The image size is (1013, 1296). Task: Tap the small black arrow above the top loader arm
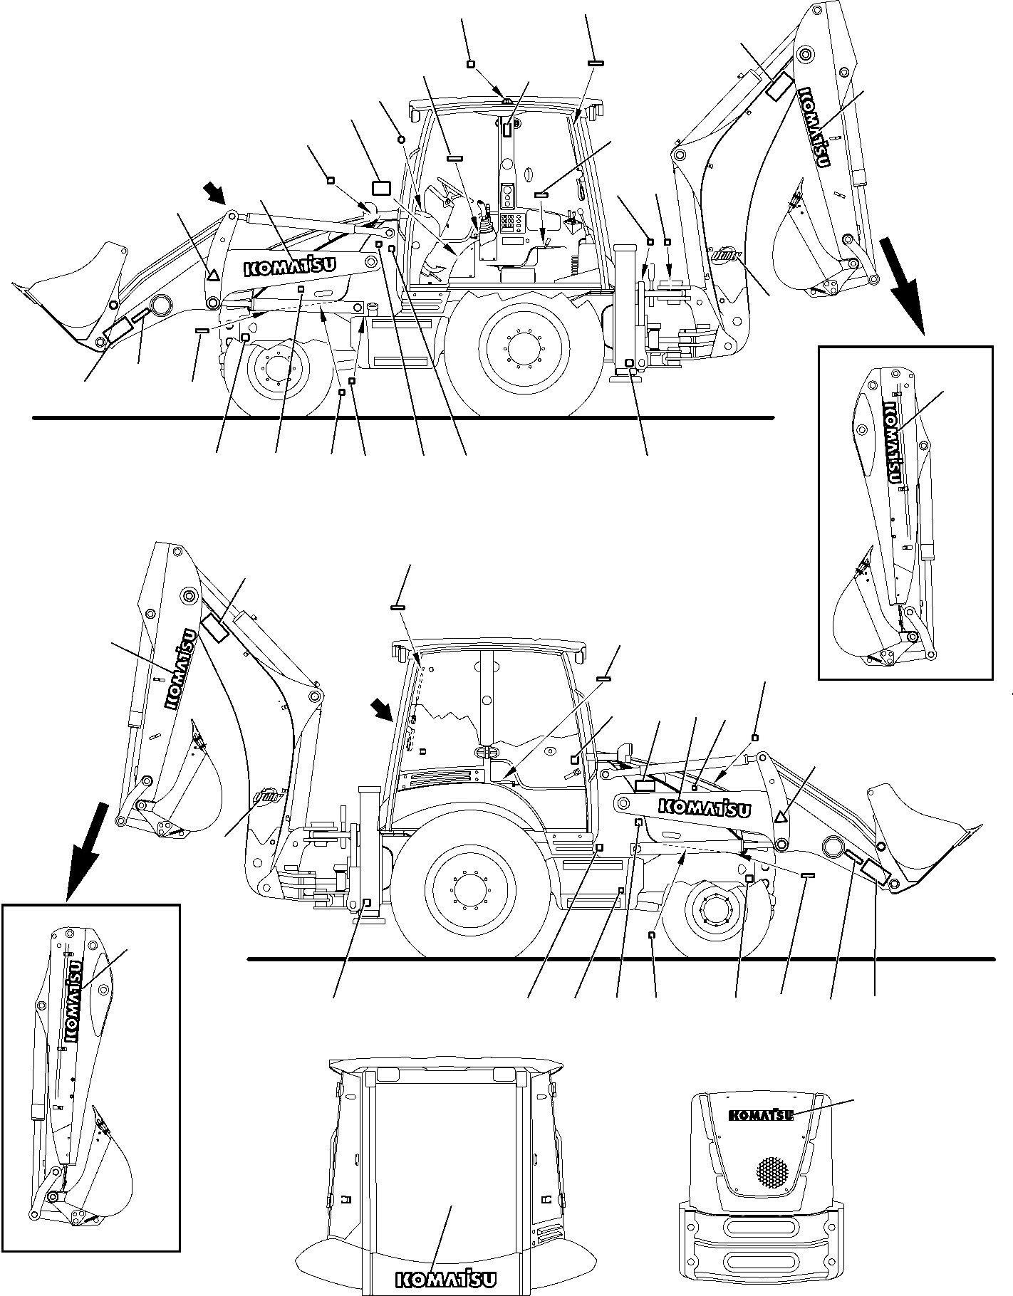pyautogui.click(x=214, y=192)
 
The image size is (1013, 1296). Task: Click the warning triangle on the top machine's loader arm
pyautogui.click(x=211, y=273)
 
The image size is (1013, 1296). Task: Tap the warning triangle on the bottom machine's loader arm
pyautogui.click(x=781, y=817)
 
